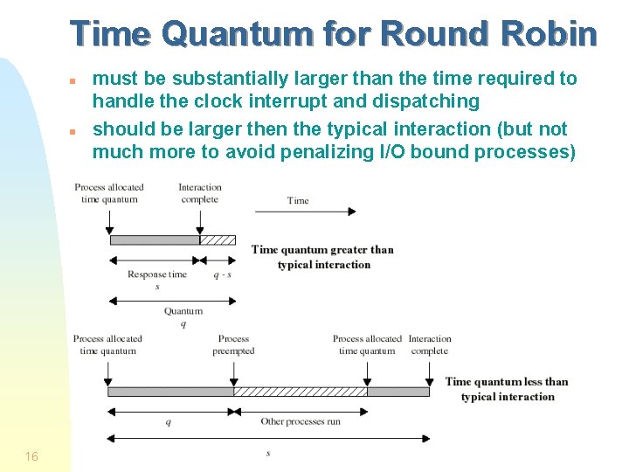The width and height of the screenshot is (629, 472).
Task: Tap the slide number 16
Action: pos(31,456)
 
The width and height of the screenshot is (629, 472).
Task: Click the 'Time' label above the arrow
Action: pos(298,200)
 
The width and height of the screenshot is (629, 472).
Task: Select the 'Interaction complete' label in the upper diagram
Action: pos(200,193)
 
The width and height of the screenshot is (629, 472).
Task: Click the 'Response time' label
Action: pos(157,274)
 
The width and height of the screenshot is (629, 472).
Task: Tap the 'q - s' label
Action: pos(222,274)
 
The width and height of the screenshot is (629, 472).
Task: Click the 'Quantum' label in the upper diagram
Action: pos(183,311)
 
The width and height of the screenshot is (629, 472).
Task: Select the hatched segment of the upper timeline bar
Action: pos(218,239)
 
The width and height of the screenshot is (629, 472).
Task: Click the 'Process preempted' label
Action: pos(233,344)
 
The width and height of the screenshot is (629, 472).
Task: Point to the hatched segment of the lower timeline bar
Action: pos(300,392)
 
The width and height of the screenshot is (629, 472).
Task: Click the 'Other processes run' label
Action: pos(301,422)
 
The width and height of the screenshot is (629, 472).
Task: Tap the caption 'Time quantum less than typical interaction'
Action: pos(507,389)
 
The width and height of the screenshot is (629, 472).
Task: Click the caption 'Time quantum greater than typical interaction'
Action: pos(322,257)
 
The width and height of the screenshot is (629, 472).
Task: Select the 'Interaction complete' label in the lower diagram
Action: pos(430,344)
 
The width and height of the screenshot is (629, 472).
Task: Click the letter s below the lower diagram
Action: pos(267,453)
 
